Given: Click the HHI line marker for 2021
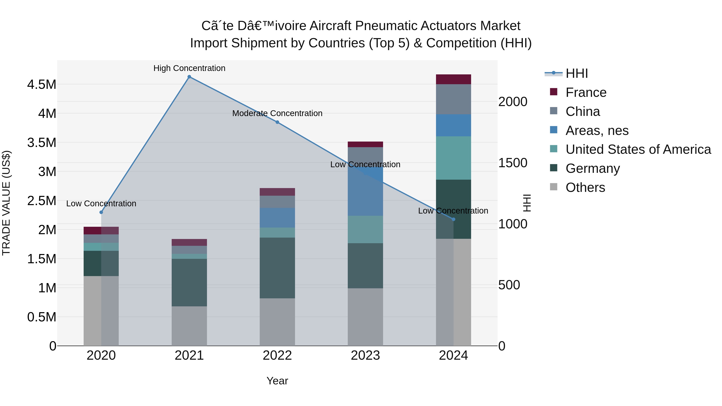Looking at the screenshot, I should point(189,77).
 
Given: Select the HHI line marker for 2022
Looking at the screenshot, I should point(277,122).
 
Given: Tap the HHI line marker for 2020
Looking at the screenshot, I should point(101,212).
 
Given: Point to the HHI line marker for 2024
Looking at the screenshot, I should point(453,219).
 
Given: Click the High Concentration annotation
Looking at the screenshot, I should point(189,68).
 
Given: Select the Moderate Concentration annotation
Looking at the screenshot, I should point(277,113).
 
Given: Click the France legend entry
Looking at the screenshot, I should point(586,92).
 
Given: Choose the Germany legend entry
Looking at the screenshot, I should point(592,168).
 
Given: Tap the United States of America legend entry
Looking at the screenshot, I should point(638,149).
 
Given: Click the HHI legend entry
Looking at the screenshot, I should point(577,73).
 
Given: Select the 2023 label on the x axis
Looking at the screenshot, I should point(365,355).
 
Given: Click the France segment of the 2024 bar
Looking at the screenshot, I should point(453,79).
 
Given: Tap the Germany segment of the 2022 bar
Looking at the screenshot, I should point(277,268).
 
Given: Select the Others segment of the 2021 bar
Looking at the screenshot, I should point(189,326).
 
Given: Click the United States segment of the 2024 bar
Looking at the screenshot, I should point(453,158).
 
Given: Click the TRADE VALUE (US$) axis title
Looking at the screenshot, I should point(6,203).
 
